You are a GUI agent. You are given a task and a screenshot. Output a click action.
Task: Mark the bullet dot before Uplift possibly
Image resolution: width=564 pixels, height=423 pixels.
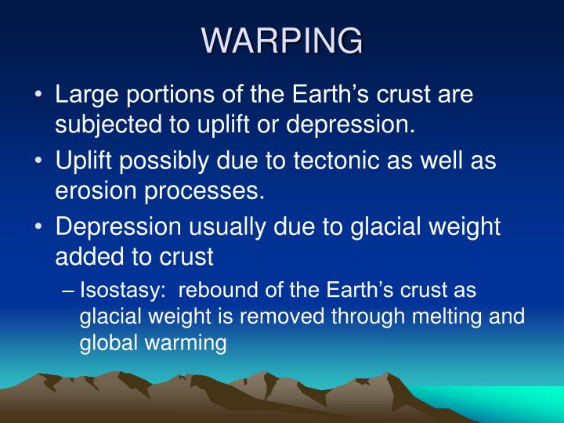click(38, 161)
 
